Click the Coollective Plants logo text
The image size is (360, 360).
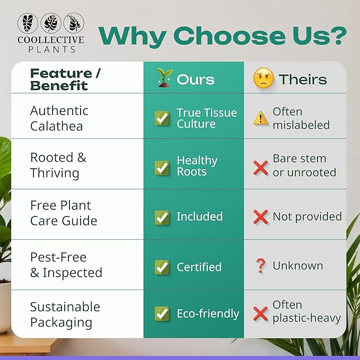point(50,44)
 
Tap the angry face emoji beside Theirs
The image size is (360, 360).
point(263,79)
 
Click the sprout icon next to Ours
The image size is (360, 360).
point(163,78)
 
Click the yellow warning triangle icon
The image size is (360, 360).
point(260,118)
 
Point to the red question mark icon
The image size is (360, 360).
point(260,266)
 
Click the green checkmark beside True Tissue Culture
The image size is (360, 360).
point(162,118)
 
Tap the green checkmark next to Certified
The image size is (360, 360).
point(162,267)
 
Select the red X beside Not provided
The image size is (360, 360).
point(260,216)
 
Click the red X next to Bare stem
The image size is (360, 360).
point(260,168)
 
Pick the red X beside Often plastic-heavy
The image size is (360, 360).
point(260,313)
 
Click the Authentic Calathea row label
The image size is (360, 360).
point(59,118)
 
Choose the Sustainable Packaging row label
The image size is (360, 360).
point(65,314)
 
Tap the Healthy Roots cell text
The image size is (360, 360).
point(197,166)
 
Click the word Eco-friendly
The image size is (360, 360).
point(208,314)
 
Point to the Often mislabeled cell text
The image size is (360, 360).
point(301,118)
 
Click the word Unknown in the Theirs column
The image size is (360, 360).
point(297,266)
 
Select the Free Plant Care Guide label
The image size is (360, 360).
point(63,213)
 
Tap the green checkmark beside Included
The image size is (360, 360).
point(162,217)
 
